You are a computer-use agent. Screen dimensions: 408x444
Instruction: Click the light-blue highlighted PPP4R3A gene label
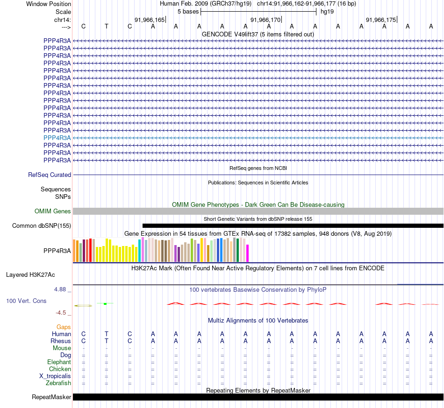[57, 138]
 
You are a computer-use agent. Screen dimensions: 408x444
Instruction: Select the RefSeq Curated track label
[50, 175]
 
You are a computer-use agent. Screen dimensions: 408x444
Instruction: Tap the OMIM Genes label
[53, 211]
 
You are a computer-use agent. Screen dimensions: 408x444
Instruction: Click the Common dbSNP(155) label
[42, 226]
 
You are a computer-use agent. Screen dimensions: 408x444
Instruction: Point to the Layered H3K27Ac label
[30, 274]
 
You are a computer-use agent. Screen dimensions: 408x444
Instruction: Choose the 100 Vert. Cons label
[26, 301]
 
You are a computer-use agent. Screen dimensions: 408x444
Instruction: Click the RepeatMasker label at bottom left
[51, 397]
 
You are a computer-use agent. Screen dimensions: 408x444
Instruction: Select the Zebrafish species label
[58, 383]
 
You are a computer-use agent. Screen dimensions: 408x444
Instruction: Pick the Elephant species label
[59, 362]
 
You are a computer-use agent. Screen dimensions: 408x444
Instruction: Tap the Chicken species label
[60, 369]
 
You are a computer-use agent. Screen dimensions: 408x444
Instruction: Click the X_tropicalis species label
[55, 376]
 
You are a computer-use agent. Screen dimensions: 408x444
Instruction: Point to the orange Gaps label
[64, 327]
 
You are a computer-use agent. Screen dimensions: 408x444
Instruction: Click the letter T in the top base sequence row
[107, 26]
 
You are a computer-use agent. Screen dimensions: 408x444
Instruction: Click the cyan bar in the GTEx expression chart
[139, 251]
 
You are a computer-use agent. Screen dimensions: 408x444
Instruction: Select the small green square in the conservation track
[106, 304]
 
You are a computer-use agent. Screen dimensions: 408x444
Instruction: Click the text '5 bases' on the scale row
[188, 11]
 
